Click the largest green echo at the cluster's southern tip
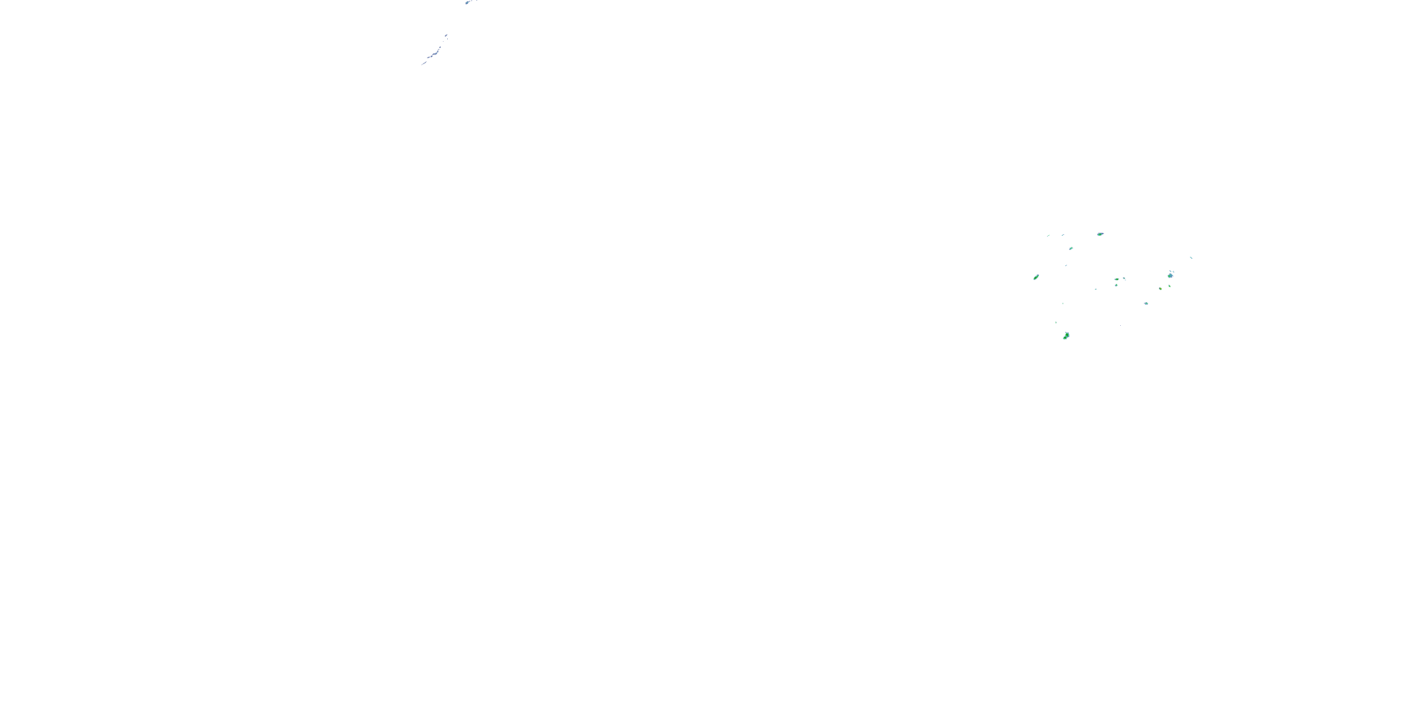(1066, 336)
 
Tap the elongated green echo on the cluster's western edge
(1036, 277)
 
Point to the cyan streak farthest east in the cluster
(1191, 258)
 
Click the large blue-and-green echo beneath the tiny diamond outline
(1170, 275)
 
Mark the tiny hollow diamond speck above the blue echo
(1173, 271)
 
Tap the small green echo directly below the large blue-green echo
(1169, 285)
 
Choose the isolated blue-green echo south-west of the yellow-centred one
(1146, 304)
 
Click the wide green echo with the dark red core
(1117, 279)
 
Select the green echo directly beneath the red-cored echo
(1116, 285)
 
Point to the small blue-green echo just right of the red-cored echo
(1124, 279)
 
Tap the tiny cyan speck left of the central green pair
(1096, 289)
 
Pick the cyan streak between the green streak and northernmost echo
(1063, 235)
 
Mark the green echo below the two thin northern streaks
(1071, 248)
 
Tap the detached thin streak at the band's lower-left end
(423, 64)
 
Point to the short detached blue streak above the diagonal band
(446, 36)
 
